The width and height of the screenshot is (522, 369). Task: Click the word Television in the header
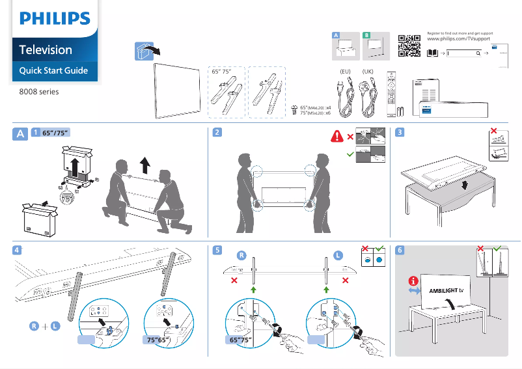(x=46, y=49)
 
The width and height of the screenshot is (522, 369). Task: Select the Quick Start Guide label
(x=53, y=70)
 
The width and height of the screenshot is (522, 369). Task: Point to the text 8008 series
(x=39, y=92)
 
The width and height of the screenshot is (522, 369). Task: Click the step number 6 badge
(x=400, y=250)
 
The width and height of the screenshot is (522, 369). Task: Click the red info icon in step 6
(x=412, y=281)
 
